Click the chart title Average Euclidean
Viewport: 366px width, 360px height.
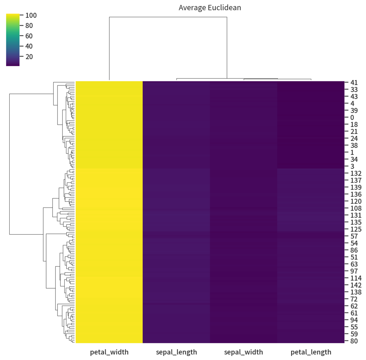210,7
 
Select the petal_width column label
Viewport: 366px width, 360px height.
109,352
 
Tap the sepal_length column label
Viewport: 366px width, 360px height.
176,352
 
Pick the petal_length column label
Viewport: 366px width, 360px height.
311,352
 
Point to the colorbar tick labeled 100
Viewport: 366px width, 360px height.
31,15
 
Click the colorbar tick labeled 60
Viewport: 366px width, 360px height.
29,36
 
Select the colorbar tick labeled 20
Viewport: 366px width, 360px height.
29,57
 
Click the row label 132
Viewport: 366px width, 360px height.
354,173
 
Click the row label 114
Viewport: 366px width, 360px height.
354,278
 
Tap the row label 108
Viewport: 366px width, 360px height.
354,208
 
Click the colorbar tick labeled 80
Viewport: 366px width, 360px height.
29,26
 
